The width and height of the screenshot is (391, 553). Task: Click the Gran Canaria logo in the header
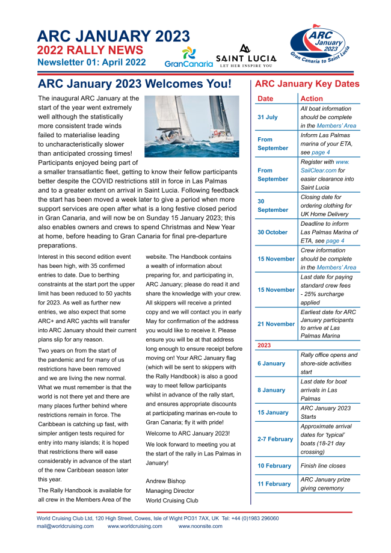[x=188, y=57]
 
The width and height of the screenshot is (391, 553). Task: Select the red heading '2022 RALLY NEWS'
[x=90, y=50]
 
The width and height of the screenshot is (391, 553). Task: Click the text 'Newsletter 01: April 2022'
[x=91, y=62]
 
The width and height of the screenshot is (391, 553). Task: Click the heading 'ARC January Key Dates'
[x=307, y=84]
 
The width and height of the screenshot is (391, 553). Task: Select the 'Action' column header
[x=312, y=99]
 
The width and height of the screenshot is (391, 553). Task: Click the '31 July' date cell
[x=268, y=117]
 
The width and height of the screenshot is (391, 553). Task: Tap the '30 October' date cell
[x=272, y=232]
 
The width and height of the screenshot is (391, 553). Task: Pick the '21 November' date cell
[x=276, y=324]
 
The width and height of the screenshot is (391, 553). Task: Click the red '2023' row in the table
[x=264, y=345]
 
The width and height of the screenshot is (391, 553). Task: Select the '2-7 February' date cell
[x=275, y=439]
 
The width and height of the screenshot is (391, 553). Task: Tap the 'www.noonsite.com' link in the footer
[x=200, y=526]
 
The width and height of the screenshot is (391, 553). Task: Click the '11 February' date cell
[x=274, y=484]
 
